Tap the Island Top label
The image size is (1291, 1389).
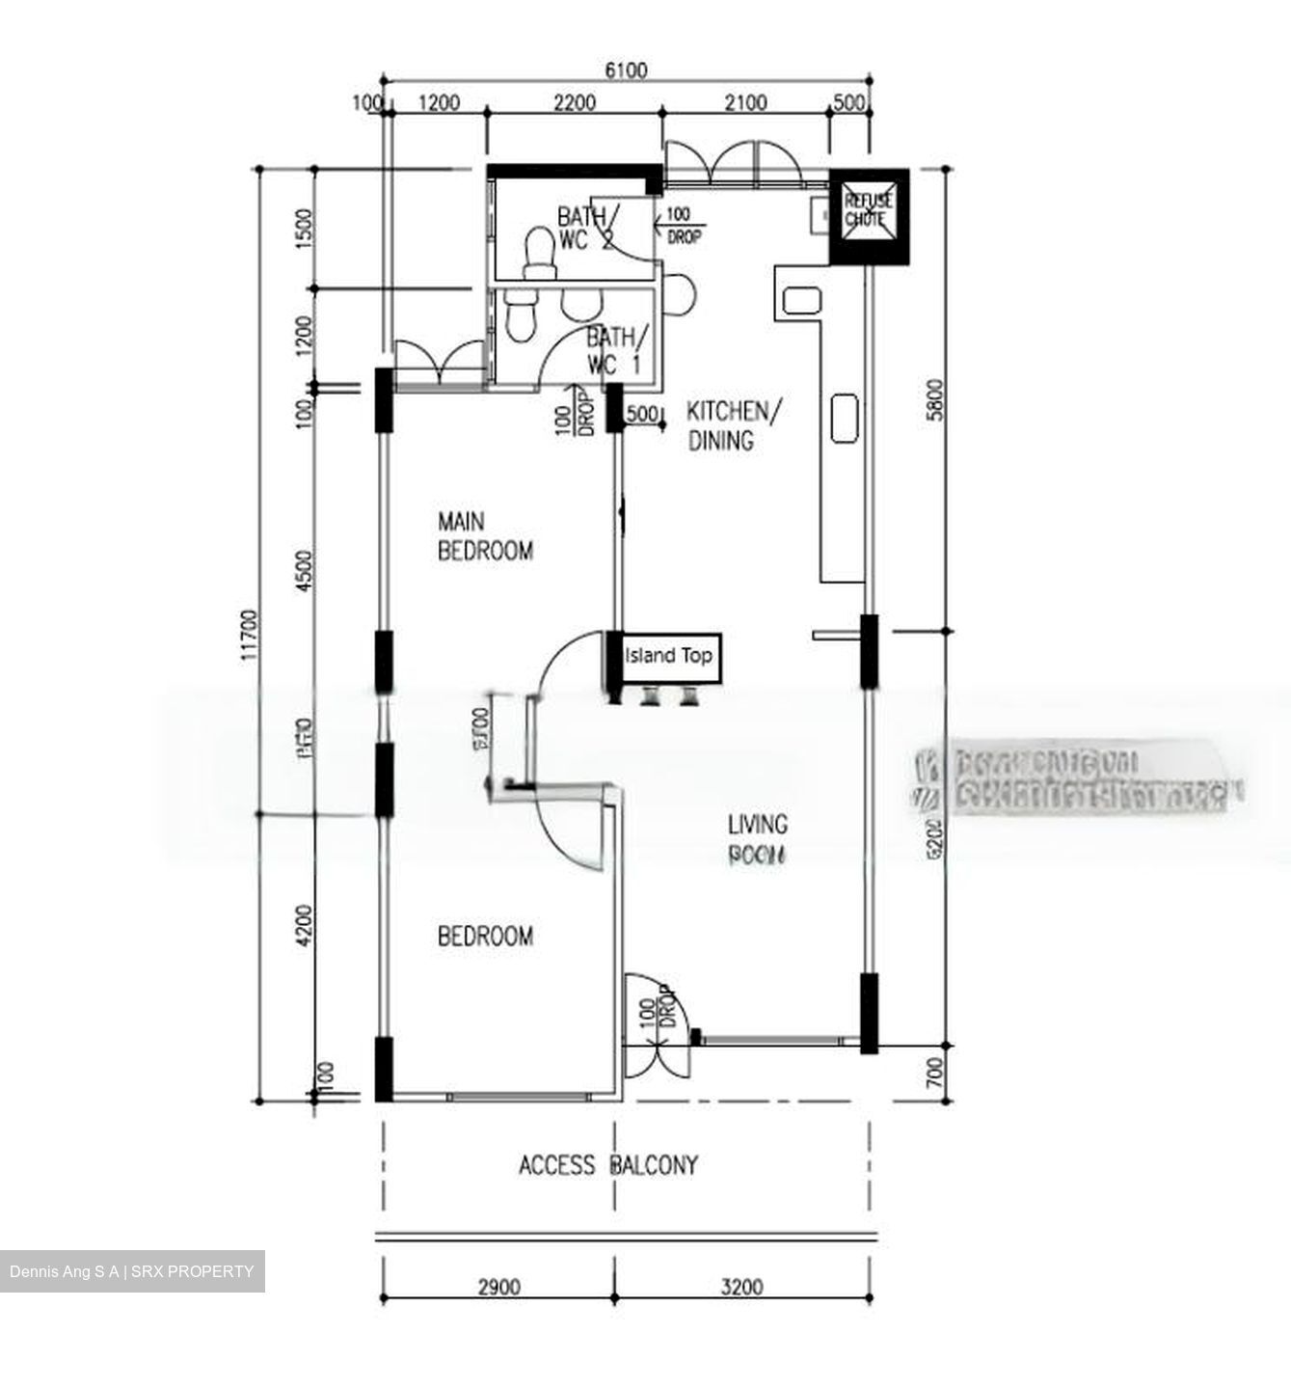coord(668,656)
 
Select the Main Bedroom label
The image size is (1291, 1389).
coord(485,536)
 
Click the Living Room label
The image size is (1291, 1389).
coord(757,839)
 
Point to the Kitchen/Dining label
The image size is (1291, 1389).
coord(734,425)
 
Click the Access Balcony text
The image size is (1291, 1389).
coord(607,1165)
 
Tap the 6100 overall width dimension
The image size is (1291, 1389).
coord(626,70)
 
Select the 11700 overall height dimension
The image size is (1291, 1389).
coord(251,634)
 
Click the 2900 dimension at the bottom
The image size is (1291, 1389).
coord(498,1287)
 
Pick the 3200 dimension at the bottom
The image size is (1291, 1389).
coord(741,1287)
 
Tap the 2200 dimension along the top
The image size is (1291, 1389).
coord(575,102)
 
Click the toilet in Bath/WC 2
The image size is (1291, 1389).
coord(537,252)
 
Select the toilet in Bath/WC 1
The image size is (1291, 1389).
coord(520,314)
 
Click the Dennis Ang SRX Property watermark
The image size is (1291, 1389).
coord(132,1271)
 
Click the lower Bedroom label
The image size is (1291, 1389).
coord(485,937)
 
